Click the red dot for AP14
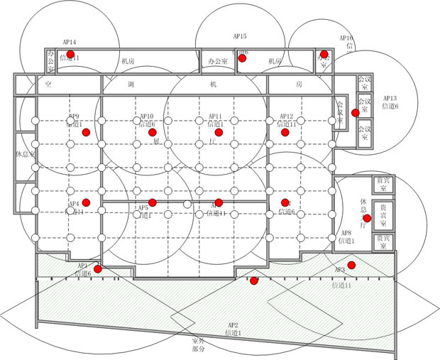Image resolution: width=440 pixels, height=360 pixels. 70,54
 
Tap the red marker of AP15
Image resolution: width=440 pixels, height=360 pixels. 242,58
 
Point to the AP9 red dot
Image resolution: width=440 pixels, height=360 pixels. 85,133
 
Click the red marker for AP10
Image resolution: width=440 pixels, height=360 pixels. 153,132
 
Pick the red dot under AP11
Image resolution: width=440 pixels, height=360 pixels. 219,133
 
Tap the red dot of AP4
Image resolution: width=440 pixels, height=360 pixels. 85,202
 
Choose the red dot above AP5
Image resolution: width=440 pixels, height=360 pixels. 152,202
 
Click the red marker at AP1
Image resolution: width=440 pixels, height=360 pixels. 98,268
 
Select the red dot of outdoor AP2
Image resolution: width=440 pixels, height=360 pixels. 254,281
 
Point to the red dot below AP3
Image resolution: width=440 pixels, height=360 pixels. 351,265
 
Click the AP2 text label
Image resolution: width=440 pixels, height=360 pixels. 233,324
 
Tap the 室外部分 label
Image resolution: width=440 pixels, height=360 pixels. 199,345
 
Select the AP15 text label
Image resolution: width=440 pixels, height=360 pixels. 240,36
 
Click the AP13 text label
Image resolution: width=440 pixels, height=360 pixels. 390,98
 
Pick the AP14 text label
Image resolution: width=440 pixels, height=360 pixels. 70,43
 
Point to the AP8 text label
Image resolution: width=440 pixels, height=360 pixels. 346,233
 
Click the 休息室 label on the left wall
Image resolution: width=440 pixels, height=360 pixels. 24,153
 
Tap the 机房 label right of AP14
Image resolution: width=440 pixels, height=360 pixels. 128,62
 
